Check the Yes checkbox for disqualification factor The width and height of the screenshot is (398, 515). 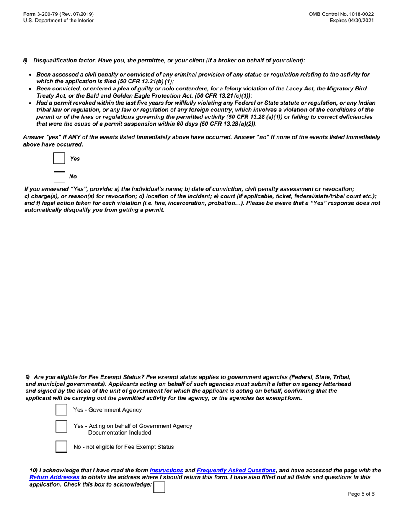tap(59, 159)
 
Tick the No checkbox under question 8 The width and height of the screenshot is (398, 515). tap(59, 177)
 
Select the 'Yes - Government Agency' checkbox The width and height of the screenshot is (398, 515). tap(61, 410)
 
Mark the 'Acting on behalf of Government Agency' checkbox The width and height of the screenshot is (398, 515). tap(61, 426)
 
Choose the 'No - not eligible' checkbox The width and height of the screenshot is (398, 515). tap(61, 447)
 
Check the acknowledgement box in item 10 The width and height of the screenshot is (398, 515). tap(159, 487)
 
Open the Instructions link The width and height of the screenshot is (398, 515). tap(166, 470)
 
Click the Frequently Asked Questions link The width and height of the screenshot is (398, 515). tap(236, 470)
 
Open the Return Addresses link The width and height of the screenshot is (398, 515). tap(54, 477)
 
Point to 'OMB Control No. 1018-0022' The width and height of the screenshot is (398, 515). tap(341, 14)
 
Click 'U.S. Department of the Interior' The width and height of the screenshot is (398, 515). tap(59, 21)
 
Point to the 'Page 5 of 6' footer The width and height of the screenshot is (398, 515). tap(361, 494)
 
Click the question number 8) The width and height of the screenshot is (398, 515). tap(26, 61)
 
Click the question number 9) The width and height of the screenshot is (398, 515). tap(28, 377)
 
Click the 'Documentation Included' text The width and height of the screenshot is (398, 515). tap(119, 433)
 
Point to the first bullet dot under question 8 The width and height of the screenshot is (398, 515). tap(30, 75)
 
